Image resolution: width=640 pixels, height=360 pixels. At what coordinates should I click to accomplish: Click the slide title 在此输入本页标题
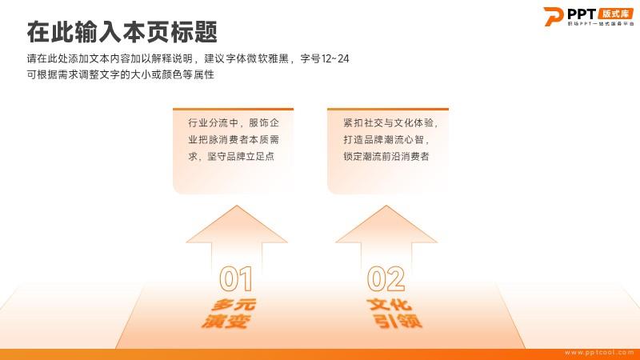122,32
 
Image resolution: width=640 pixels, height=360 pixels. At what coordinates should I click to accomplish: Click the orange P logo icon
553,17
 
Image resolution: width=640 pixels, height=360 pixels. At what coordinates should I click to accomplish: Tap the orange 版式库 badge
615,14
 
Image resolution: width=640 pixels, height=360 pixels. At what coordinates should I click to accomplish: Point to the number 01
235,278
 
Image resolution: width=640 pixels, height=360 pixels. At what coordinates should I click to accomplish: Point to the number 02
386,278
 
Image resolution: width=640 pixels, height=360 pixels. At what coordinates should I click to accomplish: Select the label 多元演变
229,314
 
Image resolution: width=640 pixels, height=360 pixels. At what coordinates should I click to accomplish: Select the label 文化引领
394,314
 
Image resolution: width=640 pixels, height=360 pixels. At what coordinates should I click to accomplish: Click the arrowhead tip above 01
237,206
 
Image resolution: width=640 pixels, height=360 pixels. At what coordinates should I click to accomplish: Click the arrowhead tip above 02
386,206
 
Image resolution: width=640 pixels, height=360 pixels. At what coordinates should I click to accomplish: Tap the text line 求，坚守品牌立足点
231,156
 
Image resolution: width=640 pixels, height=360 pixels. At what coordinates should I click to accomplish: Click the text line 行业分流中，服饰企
234,123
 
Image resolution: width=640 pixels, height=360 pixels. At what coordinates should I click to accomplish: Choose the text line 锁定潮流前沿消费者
386,156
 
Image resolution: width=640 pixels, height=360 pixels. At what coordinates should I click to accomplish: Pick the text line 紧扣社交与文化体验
390,123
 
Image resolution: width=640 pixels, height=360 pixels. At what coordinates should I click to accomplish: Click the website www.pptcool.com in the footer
599,352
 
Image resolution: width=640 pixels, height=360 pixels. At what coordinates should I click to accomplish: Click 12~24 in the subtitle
335,58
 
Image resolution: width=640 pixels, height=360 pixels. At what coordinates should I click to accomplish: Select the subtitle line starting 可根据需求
121,74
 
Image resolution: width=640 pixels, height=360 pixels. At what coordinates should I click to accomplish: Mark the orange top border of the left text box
233,110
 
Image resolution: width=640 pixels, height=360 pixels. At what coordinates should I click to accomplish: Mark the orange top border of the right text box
388,110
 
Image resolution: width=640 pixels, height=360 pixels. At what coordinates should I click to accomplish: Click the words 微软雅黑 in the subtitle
269,58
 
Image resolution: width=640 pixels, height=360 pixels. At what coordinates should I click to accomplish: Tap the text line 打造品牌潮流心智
386,139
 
